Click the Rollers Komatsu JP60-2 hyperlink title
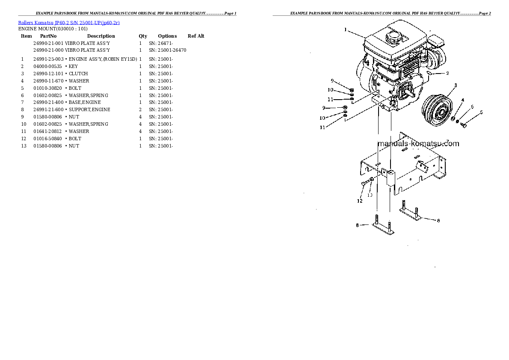click(x=69, y=23)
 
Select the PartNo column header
click(x=48, y=36)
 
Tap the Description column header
click(x=101, y=36)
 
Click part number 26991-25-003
click(x=48, y=59)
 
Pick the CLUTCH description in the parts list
click(x=78, y=74)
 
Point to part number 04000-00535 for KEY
click(x=47, y=66)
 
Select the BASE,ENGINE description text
click(x=85, y=102)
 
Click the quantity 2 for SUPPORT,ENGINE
click(x=140, y=110)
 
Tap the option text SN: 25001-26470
click(x=168, y=50)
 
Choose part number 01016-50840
click(x=47, y=139)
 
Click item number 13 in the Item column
click(x=24, y=146)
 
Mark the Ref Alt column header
click(x=196, y=36)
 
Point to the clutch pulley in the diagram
click(x=437, y=110)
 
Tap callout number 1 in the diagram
click(x=346, y=30)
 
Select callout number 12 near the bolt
click(x=360, y=201)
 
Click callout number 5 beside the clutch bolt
click(x=481, y=112)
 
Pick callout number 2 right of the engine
click(x=447, y=74)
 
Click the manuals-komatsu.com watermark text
click(x=418, y=144)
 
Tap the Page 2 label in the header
click(x=485, y=13)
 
